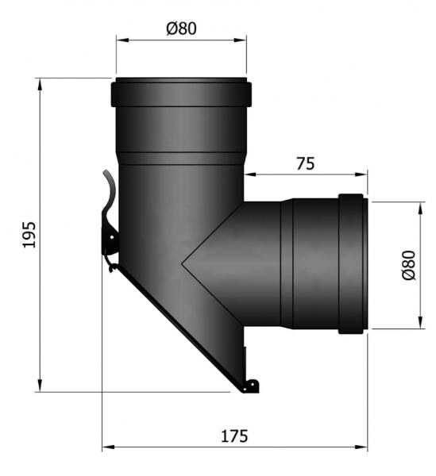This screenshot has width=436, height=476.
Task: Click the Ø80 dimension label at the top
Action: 182,29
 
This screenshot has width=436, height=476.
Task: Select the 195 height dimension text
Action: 29,235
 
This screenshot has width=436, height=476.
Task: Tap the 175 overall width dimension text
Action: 234,436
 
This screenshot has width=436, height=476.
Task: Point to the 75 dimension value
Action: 305,164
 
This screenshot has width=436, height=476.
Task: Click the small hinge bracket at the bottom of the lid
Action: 249,386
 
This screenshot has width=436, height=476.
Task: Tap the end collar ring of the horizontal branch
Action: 352,263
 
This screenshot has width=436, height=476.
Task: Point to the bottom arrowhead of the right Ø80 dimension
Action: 419,324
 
